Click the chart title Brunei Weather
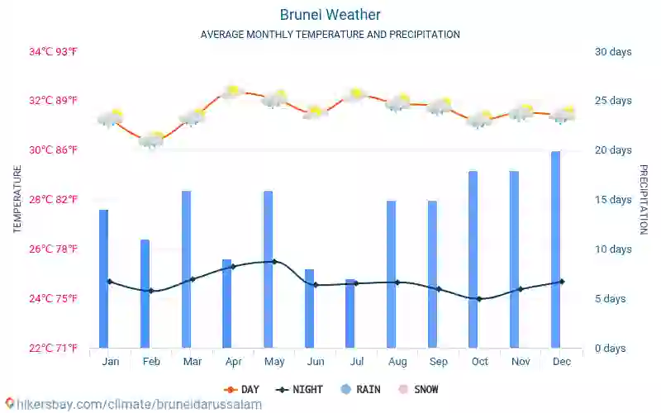point(330,15)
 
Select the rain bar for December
point(555,249)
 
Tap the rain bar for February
point(145,293)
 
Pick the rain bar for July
point(350,314)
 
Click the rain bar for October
point(473,259)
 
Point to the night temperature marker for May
point(274,261)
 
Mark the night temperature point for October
point(479,299)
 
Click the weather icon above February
point(152,140)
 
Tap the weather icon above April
point(233,91)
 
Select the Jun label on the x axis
point(315,362)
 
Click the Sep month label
point(439,362)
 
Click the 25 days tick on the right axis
point(613,101)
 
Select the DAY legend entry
point(241,389)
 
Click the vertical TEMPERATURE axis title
point(17,199)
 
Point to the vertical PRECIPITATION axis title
point(644,199)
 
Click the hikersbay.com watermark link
point(132,405)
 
